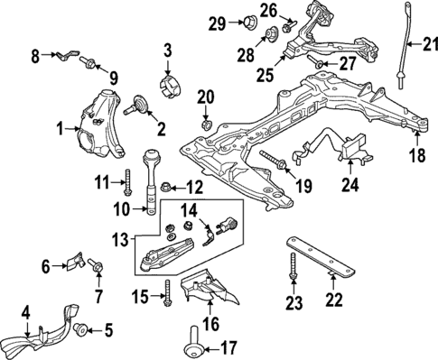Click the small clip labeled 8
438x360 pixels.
(61, 58)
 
